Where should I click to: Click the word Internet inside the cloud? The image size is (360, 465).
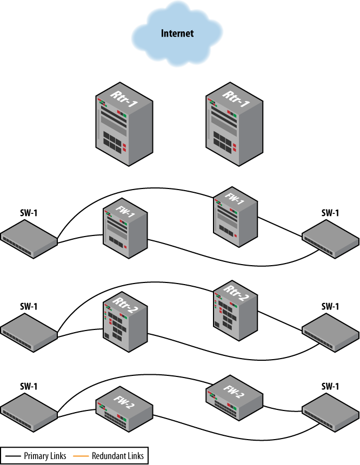point(177,33)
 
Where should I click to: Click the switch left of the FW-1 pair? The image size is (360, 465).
point(29,238)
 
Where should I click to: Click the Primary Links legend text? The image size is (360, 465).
point(45,456)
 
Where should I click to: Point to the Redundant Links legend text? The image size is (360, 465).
point(118,456)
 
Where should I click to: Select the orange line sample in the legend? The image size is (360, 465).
point(81,456)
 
